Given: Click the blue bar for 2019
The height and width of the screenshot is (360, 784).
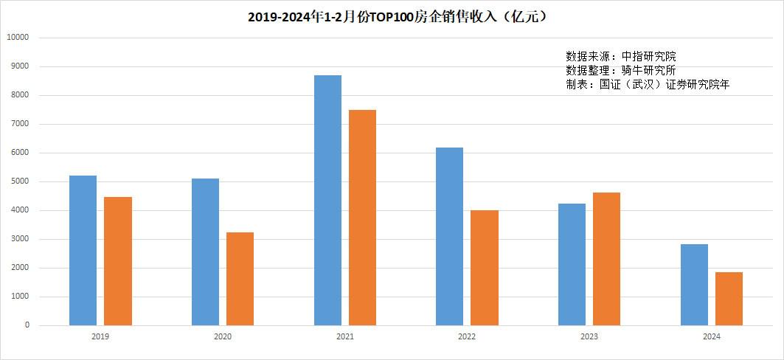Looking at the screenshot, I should click(83, 251).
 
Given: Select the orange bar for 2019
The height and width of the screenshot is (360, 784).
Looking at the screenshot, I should click(118, 261).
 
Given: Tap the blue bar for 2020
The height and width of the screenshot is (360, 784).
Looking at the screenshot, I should click(205, 252).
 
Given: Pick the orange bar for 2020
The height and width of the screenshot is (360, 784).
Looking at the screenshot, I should click(240, 279).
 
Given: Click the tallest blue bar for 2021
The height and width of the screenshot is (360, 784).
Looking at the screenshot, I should click(327, 201).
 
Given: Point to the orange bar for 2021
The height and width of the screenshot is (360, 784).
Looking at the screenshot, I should click(362, 218).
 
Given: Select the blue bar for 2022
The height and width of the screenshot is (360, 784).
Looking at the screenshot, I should click(449, 237).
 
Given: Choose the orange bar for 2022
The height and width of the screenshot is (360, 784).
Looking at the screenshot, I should click(485, 268).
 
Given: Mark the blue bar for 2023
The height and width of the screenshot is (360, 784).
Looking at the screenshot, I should click(572, 264).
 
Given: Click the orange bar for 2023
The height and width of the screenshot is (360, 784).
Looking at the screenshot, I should click(606, 259).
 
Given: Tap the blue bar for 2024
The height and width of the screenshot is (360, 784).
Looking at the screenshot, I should click(694, 285).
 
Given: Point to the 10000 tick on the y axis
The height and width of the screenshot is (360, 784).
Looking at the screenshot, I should click(17, 38).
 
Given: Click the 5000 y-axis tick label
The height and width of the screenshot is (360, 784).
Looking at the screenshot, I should click(19, 181).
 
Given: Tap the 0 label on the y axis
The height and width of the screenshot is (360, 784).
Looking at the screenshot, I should click(27, 325).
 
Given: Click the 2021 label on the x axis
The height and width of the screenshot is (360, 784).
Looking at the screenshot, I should click(344, 336).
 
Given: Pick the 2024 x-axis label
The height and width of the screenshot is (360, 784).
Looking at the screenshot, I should click(711, 336).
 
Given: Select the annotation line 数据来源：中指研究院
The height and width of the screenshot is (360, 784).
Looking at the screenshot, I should click(621, 56).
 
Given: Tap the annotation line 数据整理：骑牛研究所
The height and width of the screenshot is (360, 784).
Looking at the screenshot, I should click(621, 70).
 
